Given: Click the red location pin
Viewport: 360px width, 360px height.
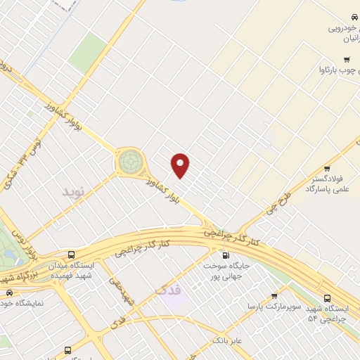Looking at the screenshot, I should (x=181, y=165).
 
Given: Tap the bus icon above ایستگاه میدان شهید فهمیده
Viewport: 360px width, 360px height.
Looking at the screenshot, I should (x=70, y=255).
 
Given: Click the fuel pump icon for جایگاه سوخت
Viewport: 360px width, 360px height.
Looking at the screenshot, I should (x=226, y=255).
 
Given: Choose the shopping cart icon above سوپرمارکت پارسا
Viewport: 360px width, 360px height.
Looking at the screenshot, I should (x=274, y=295).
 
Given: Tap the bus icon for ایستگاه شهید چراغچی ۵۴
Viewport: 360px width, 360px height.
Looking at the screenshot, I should (x=328, y=298).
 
